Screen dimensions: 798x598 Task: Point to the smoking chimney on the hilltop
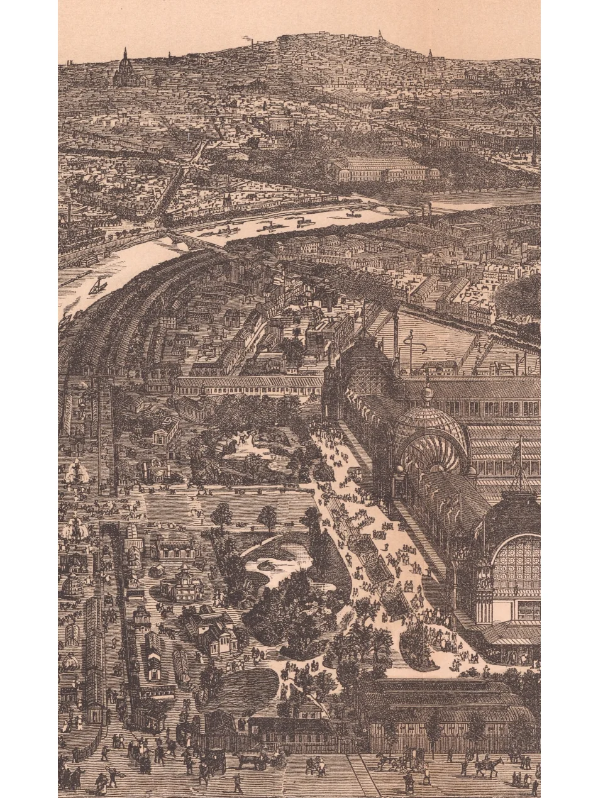(252, 43)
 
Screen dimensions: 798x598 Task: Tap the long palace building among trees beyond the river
(381, 169)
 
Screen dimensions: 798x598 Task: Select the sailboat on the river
(98, 286)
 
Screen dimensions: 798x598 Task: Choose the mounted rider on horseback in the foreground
(487, 765)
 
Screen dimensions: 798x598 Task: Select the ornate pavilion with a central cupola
(182, 582)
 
